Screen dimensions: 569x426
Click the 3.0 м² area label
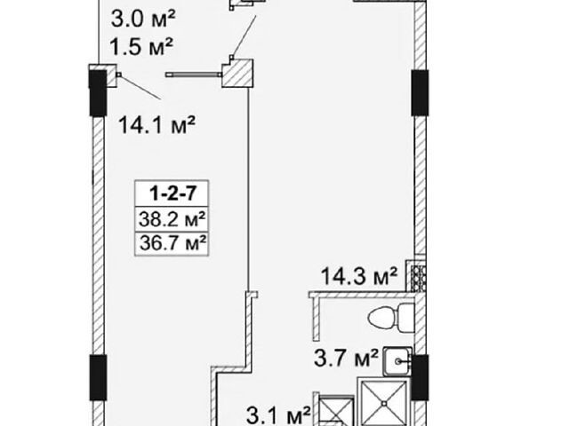tap(143, 19)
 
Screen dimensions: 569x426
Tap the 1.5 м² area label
tap(140, 46)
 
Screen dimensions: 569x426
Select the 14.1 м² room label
tap(157, 124)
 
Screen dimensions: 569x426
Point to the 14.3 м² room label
tap(359, 276)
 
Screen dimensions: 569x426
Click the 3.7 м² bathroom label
tap(346, 358)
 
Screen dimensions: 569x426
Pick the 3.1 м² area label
tap(278, 415)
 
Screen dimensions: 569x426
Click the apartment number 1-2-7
tap(172, 193)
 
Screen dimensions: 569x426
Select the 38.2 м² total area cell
tap(172, 219)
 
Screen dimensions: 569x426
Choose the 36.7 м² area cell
tap(172, 242)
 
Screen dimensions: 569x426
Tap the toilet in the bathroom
tap(391, 319)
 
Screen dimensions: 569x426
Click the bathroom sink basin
tap(397, 361)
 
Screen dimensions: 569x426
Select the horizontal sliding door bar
tap(194, 75)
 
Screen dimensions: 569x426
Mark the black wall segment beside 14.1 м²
tap(98, 93)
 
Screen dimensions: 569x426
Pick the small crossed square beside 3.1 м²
tap(336, 411)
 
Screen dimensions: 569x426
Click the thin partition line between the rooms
tap(248, 189)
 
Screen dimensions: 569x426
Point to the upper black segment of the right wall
tap(420, 92)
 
